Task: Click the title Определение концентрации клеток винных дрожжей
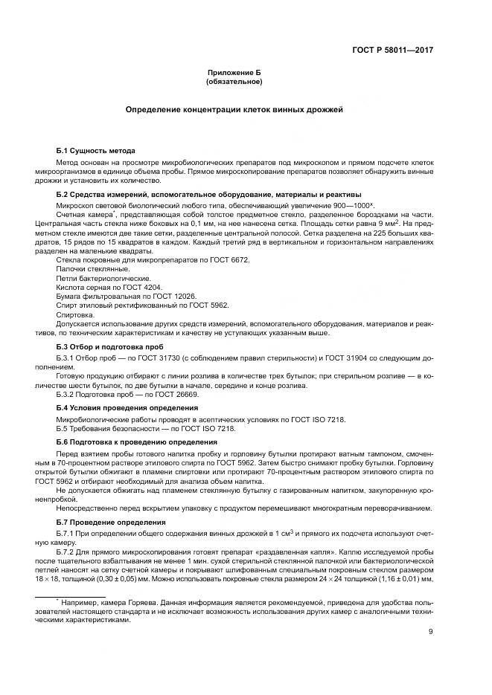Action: tap(234, 109)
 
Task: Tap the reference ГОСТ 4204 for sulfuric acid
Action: tap(140, 286)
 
